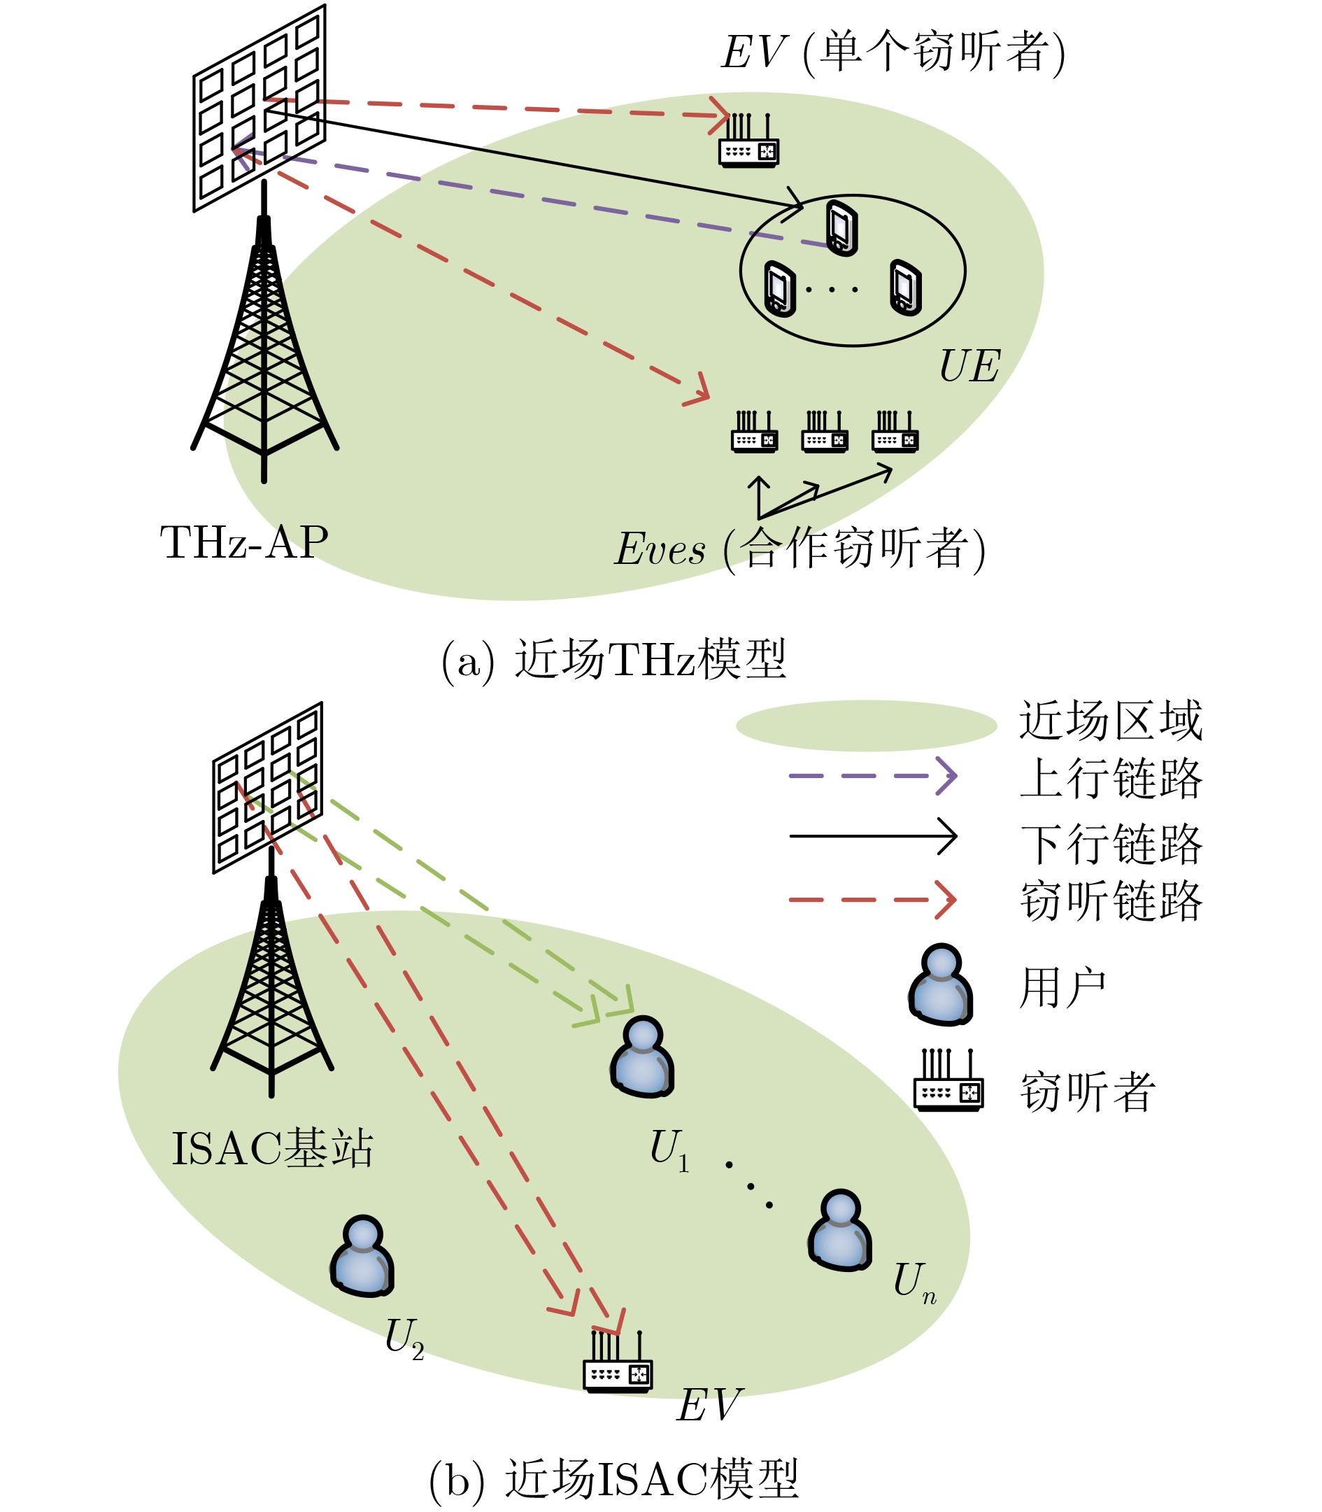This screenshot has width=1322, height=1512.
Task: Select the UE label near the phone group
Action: [x=969, y=366]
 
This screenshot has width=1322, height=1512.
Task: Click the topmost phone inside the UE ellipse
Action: [x=841, y=227]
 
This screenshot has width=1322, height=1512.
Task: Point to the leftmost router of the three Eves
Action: [x=754, y=433]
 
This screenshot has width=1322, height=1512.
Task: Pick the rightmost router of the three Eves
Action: [x=895, y=433]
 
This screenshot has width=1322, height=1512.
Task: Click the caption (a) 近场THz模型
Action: [x=614, y=659]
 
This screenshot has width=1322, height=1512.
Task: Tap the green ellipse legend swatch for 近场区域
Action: [x=866, y=726]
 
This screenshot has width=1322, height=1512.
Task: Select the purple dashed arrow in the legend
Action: [x=872, y=775]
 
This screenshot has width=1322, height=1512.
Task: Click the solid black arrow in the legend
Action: [x=872, y=836]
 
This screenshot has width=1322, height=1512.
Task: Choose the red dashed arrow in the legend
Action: [x=872, y=900]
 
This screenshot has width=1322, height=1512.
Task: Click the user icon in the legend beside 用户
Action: [x=940, y=985]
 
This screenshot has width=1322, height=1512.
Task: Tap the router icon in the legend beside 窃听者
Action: [x=948, y=1082]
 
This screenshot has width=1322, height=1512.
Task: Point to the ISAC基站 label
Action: [x=272, y=1149]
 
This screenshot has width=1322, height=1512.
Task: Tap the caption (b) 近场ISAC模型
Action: [x=614, y=1480]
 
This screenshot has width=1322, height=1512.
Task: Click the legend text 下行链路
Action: [x=1110, y=843]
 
